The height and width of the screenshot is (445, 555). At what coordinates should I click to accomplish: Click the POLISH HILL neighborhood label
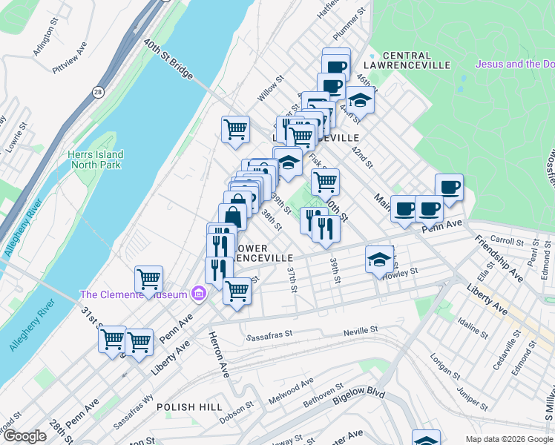click(190, 407)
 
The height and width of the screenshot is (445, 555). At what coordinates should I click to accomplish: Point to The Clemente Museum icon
click(198, 294)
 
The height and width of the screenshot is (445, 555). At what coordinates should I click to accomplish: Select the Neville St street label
click(361, 329)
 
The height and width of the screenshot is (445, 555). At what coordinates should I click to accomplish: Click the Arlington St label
click(45, 43)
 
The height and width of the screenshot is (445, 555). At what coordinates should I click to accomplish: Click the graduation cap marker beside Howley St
click(379, 260)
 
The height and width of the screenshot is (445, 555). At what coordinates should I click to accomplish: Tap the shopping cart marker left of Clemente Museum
click(149, 280)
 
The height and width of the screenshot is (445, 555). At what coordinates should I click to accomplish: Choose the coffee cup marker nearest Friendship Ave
click(448, 187)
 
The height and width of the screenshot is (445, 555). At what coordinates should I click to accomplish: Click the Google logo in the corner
click(25, 436)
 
